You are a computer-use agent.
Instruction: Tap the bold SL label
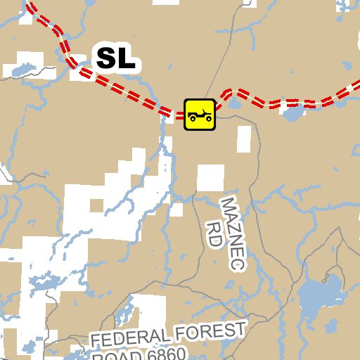pos(116,58)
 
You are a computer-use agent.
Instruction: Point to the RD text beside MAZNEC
pos(214,233)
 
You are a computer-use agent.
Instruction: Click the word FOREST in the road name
pos(209,331)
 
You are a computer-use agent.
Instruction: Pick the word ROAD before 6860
pos(111,356)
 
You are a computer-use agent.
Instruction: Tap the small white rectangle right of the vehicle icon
pos(243,139)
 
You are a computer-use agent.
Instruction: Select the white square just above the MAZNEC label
pos(210,178)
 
